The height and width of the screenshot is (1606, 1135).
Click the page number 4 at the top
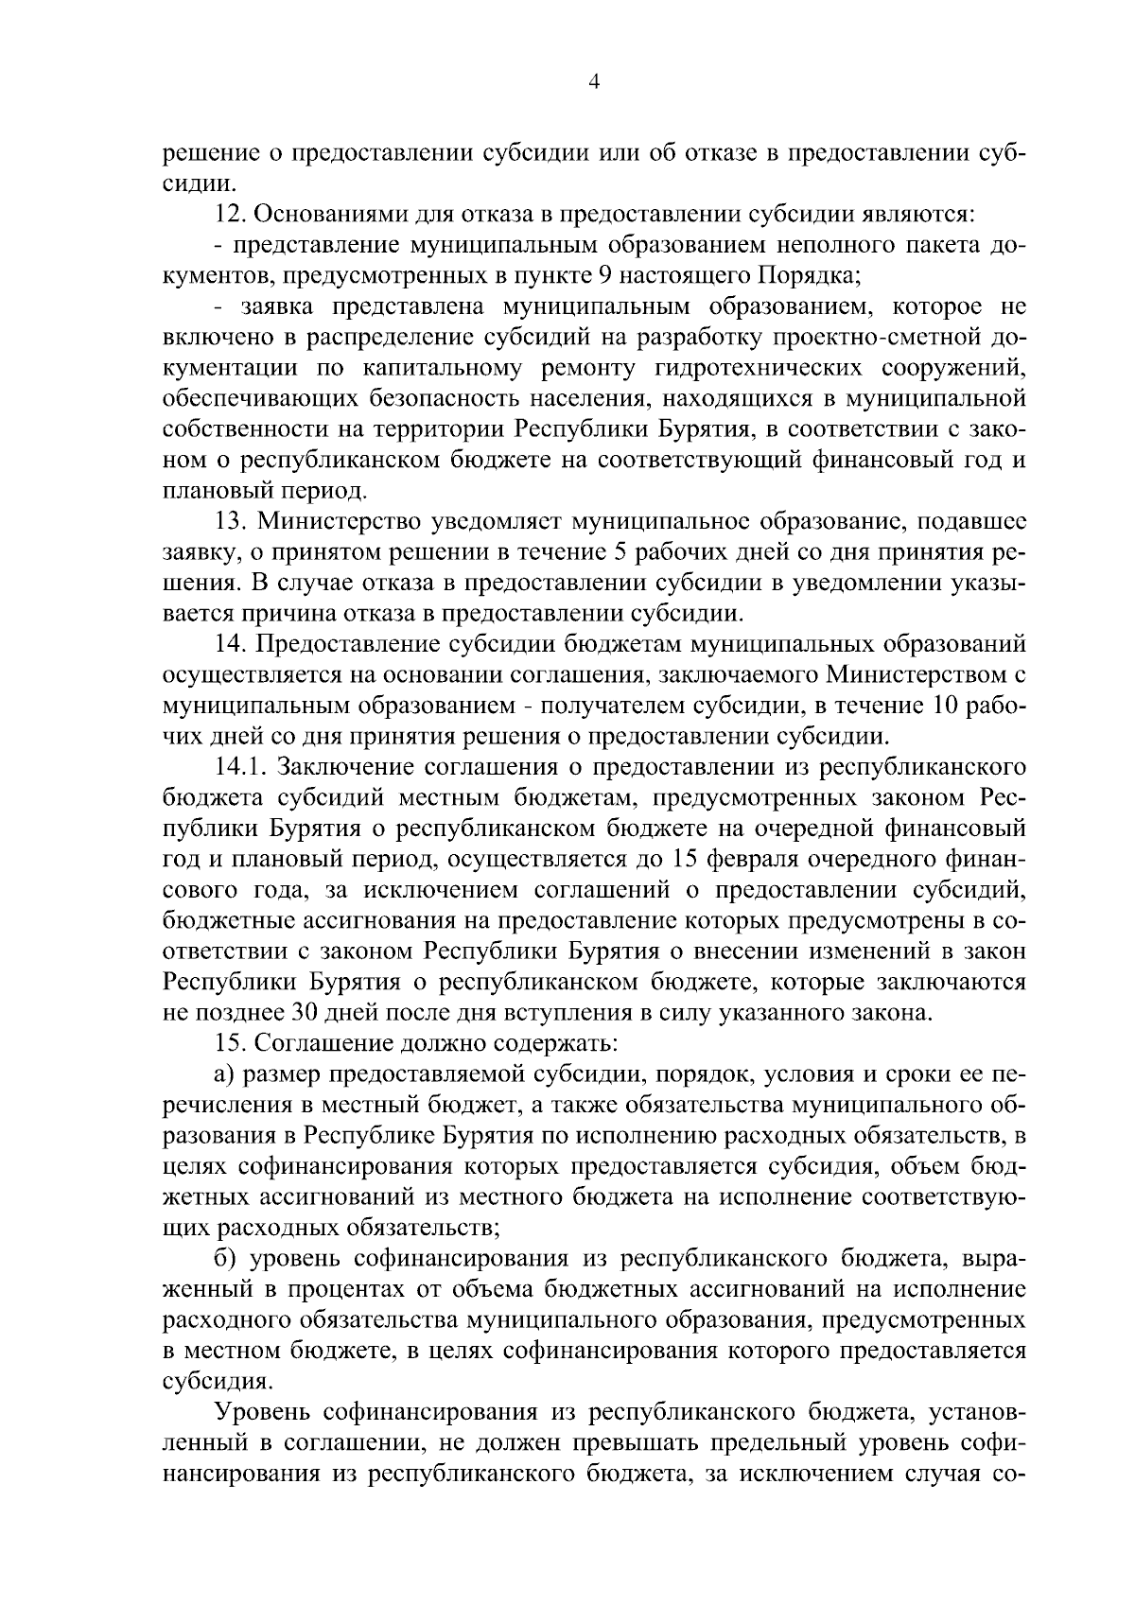594,82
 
